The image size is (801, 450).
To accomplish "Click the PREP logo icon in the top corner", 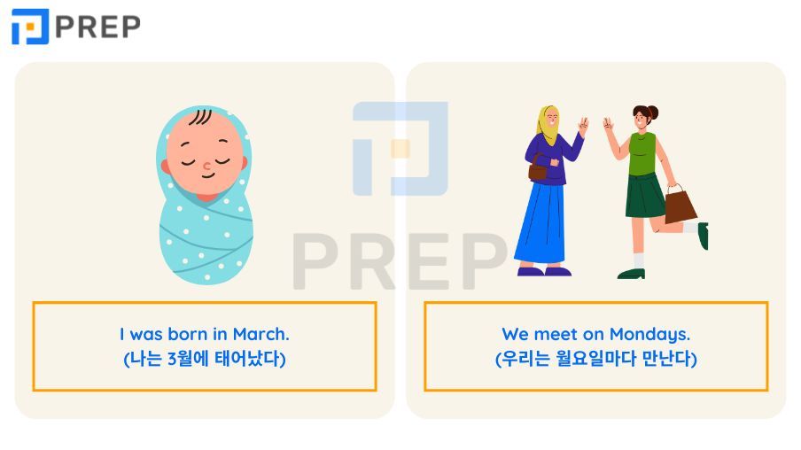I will click(29, 27).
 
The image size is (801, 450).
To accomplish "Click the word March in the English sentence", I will click(261, 335).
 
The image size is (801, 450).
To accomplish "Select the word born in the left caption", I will click(190, 335).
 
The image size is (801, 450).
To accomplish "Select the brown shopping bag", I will click(680, 206).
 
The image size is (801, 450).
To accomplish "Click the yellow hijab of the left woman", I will click(548, 126).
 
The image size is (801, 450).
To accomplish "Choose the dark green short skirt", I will click(646, 196).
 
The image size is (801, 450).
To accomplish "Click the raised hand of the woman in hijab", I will click(582, 125).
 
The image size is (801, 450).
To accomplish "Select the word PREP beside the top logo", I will click(97, 27).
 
